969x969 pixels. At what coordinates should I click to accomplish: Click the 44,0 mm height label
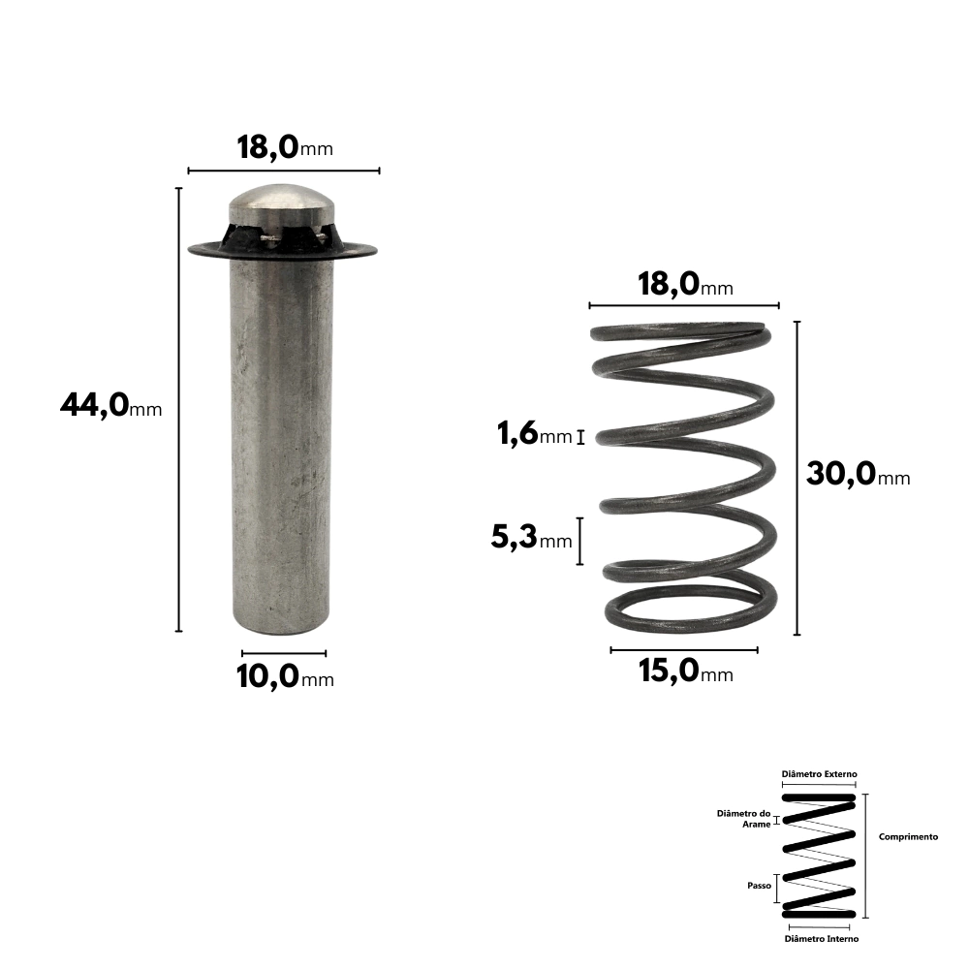(111, 407)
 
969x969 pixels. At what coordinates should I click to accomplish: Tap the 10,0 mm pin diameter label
(285, 676)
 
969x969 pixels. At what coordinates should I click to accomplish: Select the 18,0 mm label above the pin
(285, 147)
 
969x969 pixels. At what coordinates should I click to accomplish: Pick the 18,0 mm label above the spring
(685, 285)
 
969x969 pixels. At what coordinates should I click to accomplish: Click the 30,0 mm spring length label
(858, 474)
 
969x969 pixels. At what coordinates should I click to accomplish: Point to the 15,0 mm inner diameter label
(686, 671)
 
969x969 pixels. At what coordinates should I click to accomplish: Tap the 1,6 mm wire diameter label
(535, 433)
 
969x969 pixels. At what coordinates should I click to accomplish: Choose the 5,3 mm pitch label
(531, 537)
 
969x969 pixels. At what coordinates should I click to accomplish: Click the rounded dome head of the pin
(282, 203)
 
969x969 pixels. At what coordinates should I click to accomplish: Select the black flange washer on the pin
(282, 249)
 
